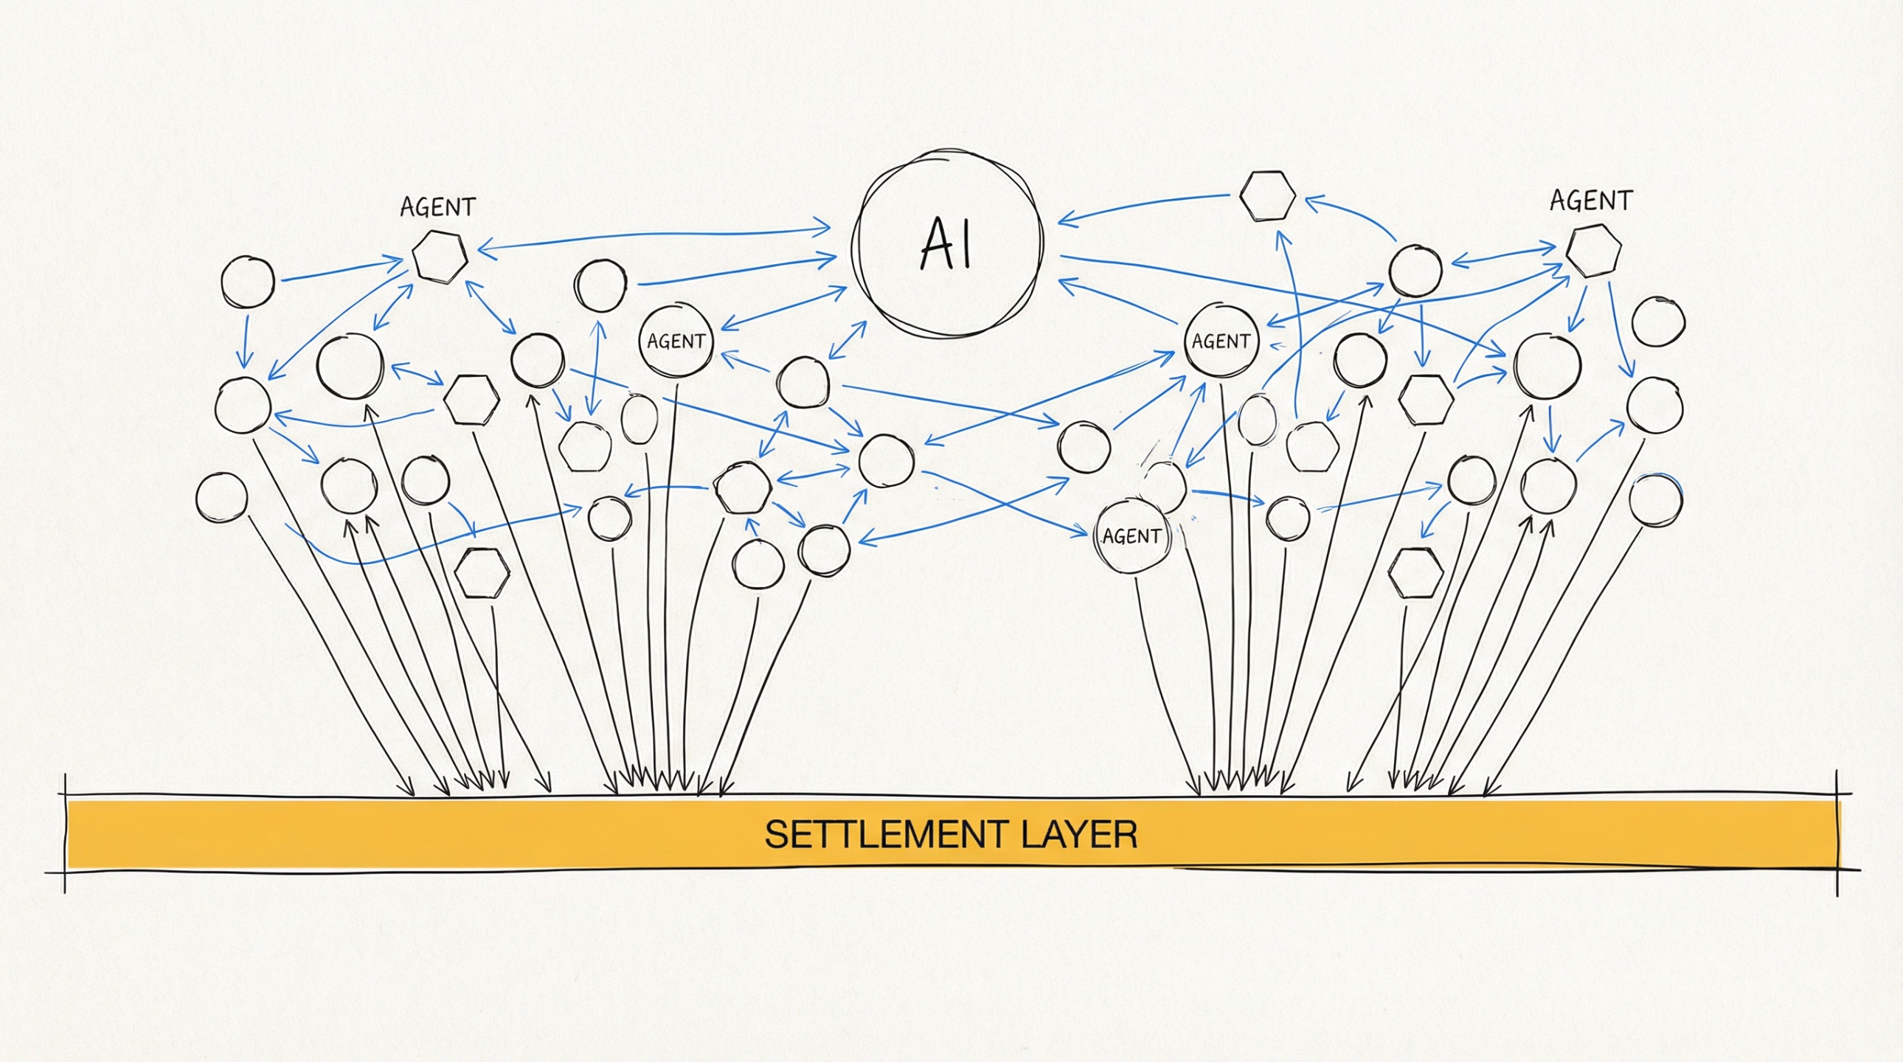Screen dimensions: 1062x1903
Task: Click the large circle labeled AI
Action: tap(948, 243)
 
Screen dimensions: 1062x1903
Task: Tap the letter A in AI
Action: tap(934, 244)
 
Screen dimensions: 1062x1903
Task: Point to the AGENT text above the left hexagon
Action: tap(437, 207)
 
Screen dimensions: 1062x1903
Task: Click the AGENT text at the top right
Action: tap(1590, 201)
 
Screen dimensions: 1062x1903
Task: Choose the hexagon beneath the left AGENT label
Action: tap(440, 256)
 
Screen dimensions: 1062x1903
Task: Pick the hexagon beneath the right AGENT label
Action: tap(1594, 251)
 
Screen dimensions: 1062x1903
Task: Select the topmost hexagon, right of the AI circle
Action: tap(1267, 195)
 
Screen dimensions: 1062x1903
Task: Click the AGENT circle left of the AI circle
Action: tap(676, 341)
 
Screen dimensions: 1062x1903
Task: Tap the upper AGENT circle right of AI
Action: tap(1221, 341)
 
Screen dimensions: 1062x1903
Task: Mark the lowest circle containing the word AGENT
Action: tap(1131, 536)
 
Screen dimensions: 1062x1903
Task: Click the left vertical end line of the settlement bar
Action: tap(65, 833)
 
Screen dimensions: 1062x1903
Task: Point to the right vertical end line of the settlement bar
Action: tap(1837, 833)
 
